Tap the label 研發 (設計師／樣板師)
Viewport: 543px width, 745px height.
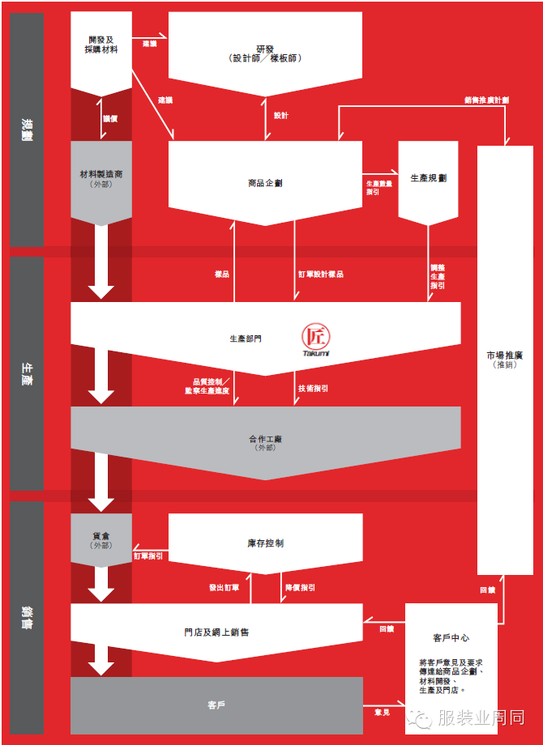click(265, 53)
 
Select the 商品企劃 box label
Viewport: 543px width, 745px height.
click(265, 183)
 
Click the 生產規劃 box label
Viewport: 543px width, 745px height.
click(428, 177)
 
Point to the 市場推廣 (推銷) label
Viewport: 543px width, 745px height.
click(504, 360)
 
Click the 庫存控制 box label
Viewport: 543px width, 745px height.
click(265, 543)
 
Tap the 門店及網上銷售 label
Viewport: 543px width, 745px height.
click(216, 632)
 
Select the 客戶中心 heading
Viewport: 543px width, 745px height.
click(451, 638)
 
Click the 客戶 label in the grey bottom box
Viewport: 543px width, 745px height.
click(216, 705)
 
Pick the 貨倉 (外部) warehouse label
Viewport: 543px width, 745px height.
click(101, 540)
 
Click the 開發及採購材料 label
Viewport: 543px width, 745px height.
click(101, 45)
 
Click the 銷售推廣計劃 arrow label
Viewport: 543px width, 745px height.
click(486, 100)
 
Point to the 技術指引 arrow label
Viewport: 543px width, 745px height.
click(313, 389)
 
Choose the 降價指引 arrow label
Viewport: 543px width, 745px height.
click(299, 588)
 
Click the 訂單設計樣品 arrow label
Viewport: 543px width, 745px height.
click(321, 275)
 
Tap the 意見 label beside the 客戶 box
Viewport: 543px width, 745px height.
click(382, 713)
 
